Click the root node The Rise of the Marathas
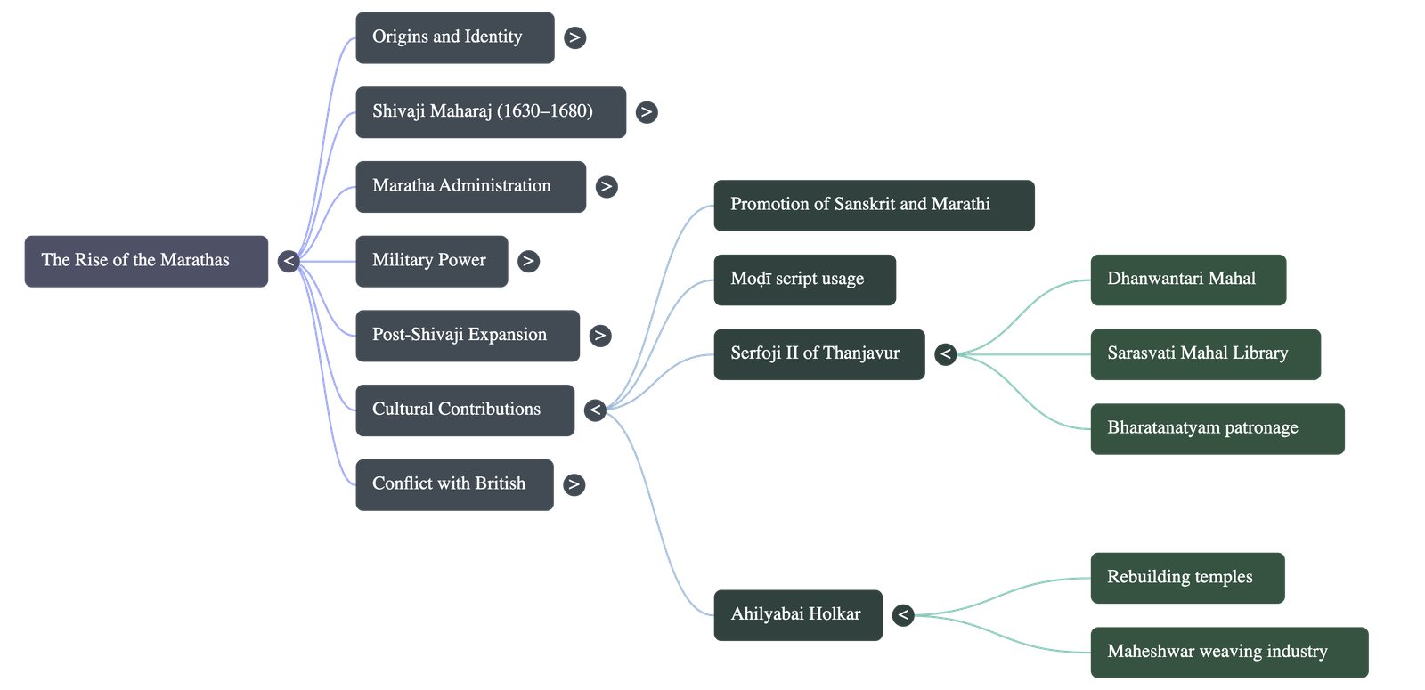(146, 261)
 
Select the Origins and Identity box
(454, 37)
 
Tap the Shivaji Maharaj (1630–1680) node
(490, 112)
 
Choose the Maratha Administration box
(470, 187)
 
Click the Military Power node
(431, 261)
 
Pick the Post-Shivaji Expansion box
(467, 336)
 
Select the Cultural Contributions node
(464, 410)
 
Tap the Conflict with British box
(453, 484)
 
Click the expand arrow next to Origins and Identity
(575, 37)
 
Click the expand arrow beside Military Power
(528, 261)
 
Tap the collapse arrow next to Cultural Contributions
(595, 410)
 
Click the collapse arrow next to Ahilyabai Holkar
(903, 615)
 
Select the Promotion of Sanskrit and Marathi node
(873, 206)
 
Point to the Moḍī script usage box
(804, 280)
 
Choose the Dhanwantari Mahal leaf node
(1187, 280)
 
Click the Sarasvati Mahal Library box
(1204, 354)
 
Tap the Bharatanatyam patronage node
(1217, 428)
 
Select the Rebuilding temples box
(1186, 578)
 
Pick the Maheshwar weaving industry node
(1228, 652)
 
